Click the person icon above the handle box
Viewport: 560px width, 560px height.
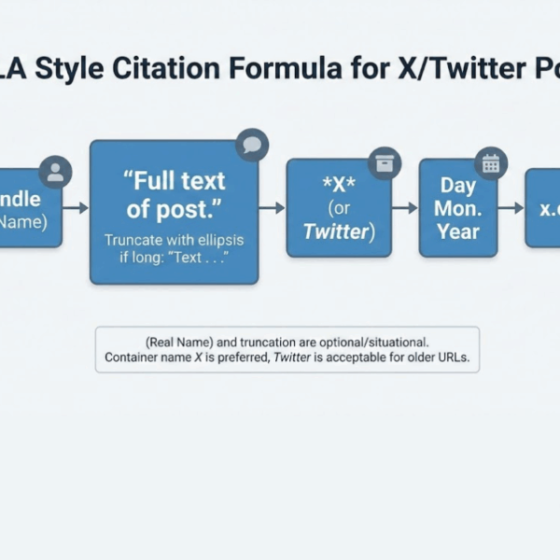pyautogui.click(x=56, y=172)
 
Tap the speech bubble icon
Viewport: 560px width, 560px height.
pyautogui.click(x=251, y=145)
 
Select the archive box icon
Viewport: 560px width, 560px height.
pyautogui.click(x=384, y=162)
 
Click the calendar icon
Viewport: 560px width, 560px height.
pyautogui.click(x=489, y=163)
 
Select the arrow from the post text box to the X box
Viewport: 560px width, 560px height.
pyautogui.click(x=272, y=208)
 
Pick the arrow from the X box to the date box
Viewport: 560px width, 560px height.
pyautogui.click(x=404, y=208)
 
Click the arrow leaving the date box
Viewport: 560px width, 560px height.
pyautogui.click(x=511, y=208)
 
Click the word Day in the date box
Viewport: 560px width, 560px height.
pyautogui.click(x=458, y=185)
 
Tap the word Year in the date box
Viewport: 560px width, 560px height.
pyautogui.click(x=458, y=231)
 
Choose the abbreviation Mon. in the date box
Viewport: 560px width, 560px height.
pyautogui.click(x=458, y=208)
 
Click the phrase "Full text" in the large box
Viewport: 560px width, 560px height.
pyautogui.click(x=175, y=179)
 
